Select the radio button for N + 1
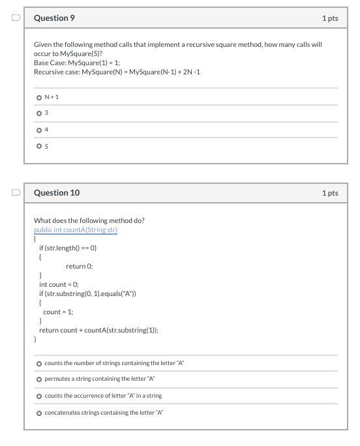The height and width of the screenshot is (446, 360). click(38, 98)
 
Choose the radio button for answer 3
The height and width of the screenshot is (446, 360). click(38, 113)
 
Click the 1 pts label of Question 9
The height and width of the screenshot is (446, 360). click(330, 18)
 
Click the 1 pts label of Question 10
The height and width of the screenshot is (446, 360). click(330, 193)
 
